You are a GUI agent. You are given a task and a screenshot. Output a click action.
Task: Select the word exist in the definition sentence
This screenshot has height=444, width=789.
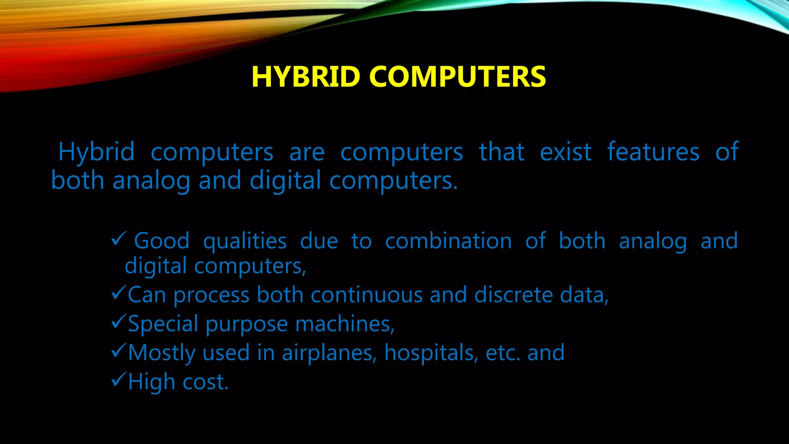(566, 152)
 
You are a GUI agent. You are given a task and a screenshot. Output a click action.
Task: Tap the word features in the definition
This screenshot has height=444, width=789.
(653, 152)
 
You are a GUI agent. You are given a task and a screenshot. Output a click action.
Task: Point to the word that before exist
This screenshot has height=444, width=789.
(502, 152)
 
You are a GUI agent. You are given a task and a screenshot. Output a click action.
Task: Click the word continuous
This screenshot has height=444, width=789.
(366, 295)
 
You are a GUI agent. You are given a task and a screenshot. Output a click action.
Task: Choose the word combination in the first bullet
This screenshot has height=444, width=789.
(448, 241)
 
